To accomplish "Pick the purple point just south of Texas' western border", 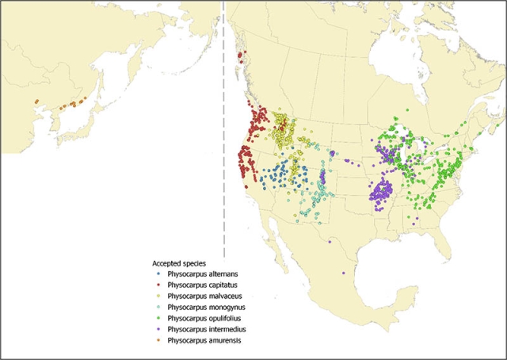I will click(x=328, y=241).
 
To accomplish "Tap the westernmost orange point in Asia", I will click(x=36, y=101).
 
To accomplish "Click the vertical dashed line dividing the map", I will click(x=225, y=159).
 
